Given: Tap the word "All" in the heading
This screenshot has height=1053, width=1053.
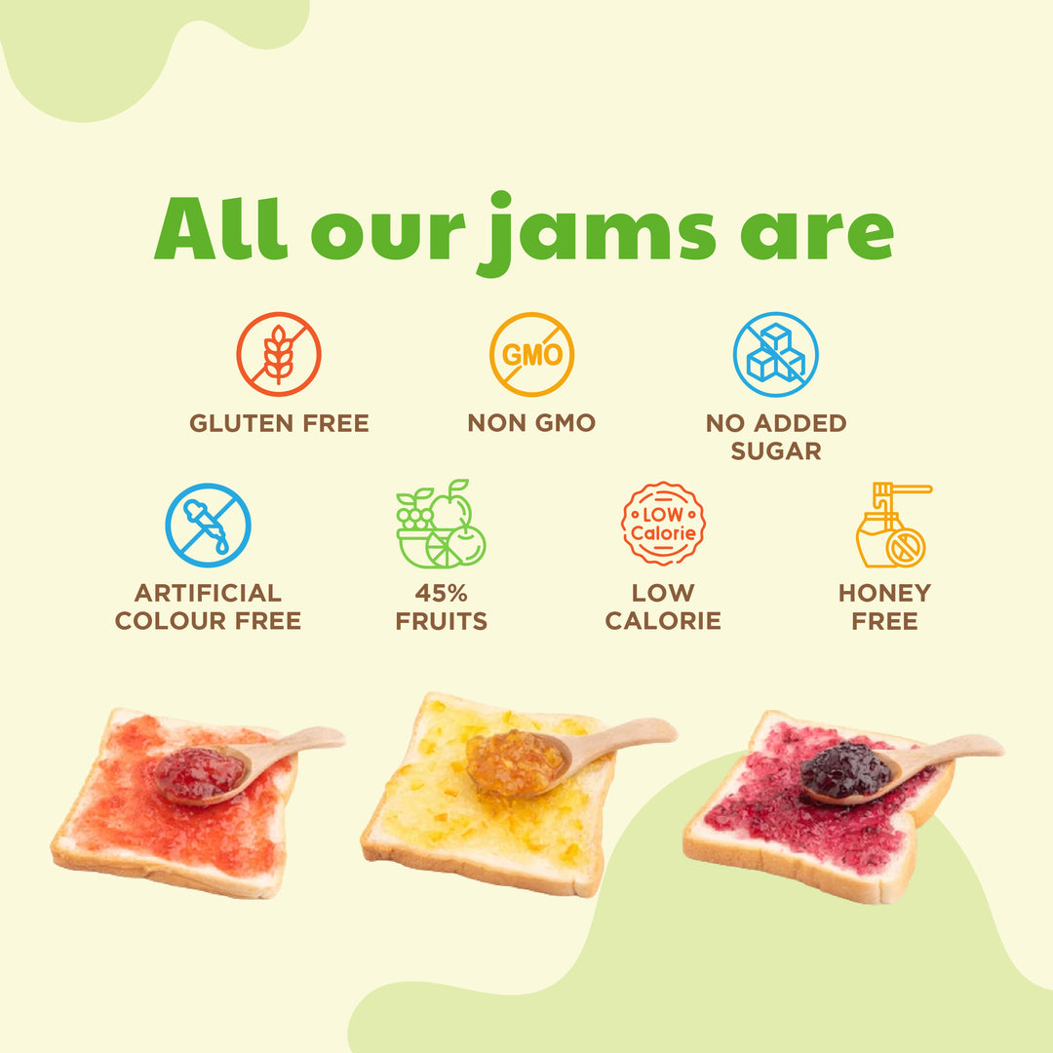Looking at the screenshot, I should (x=220, y=229).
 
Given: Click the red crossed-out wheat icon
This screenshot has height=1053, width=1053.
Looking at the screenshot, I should (x=279, y=354).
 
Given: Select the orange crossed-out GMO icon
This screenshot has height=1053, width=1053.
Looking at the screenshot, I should (x=531, y=354).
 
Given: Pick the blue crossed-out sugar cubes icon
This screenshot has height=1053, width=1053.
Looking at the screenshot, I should (x=776, y=354).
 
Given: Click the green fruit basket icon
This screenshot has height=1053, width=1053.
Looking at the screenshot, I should (x=441, y=525).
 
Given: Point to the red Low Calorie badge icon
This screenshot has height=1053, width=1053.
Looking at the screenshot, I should (x=663, y=525).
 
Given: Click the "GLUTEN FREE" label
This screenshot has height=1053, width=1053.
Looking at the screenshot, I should (x=279, y=423).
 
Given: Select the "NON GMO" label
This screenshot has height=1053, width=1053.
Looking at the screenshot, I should (x=531, y=423).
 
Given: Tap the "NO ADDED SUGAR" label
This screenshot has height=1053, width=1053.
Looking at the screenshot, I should (x=776, y=437).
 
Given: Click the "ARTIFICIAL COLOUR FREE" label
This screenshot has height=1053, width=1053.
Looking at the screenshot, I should (x=208, y=606).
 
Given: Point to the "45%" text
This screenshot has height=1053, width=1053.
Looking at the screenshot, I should (x=441, y=593).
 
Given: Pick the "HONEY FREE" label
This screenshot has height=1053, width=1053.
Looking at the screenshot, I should (x=884, y=606).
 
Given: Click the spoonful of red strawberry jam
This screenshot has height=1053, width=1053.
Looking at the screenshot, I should (x=200, y=772).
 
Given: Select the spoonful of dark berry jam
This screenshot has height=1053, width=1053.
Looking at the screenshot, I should (x=845, y=770).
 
